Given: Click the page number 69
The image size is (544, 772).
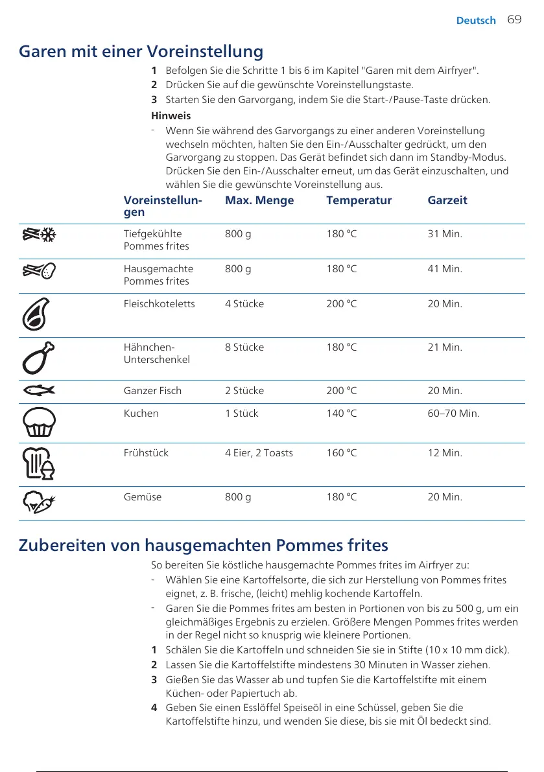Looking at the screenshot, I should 514,20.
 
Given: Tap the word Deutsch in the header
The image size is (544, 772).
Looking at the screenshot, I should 476,21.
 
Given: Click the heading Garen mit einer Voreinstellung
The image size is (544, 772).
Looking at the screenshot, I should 141,51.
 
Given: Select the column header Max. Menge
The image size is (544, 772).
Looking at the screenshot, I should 259,200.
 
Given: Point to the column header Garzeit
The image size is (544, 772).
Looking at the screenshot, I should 447,200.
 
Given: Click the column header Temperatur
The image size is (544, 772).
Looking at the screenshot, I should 359,200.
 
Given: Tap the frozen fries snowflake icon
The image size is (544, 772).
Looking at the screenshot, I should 38,235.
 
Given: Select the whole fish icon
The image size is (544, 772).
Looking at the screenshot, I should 38,391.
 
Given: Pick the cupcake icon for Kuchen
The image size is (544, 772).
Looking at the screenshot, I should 38,422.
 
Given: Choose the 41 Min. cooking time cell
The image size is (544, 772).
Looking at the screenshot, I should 445,268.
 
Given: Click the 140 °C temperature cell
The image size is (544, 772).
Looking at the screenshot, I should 342,413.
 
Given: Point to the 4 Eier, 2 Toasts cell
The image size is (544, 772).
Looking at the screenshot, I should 259,453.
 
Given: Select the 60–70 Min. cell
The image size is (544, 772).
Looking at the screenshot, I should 453,413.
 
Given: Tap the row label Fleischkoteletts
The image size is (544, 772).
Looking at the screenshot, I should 159,303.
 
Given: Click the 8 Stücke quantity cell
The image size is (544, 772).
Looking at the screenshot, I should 244,347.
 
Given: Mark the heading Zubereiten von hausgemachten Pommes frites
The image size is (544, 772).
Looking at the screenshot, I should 203,544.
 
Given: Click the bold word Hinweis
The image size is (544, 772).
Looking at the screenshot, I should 171,116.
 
